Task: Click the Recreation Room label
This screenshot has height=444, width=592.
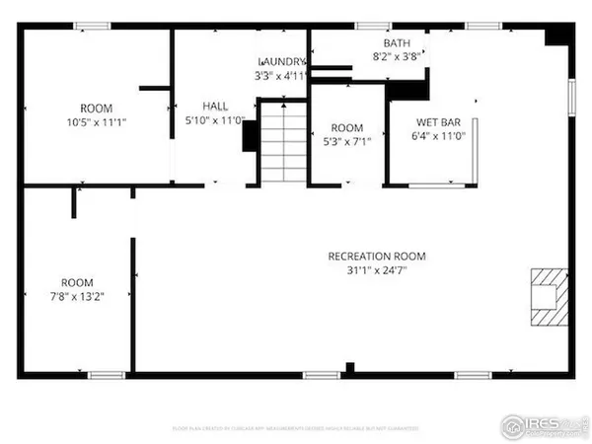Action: point(368,257)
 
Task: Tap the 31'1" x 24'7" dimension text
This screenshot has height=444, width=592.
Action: point(368,269)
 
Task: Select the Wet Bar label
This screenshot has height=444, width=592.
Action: point(438,122)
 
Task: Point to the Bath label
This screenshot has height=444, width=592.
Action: point(398,43)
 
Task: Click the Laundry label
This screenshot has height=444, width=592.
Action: point(282,61)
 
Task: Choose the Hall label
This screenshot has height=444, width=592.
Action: point(215,106)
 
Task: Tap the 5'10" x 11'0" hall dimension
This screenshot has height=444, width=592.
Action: point(215,119)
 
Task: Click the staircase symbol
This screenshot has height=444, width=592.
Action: point(284,141)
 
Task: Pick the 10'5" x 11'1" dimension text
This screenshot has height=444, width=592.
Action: point(97,121)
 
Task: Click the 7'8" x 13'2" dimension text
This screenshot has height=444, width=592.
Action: point(77,295)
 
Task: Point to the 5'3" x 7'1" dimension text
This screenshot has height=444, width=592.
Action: point(346,141)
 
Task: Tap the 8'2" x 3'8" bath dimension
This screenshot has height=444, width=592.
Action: point(398,57)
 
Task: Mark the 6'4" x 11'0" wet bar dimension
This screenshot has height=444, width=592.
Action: point(438,136)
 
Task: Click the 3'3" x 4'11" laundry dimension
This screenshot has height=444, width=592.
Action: point(282,74)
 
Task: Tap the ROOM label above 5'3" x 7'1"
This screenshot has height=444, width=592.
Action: point(346,128)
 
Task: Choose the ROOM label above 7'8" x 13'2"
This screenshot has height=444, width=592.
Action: point(77,282)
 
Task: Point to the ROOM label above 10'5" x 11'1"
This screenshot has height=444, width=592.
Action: point(97,108)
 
